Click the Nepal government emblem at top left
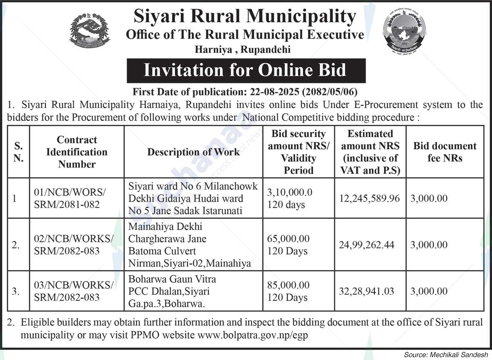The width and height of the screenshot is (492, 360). coord(90,30)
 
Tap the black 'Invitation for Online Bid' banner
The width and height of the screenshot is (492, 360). coord(246,70)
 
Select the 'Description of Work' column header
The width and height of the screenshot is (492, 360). coord(193,152)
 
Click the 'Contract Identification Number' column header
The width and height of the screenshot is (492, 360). coord(77,152)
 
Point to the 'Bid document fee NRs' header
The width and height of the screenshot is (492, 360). coord(445,152)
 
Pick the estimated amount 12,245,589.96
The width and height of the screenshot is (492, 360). coord(370,198)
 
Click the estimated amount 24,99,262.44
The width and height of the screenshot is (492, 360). coord(367,245)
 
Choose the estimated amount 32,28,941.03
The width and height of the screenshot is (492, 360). coord(367,291)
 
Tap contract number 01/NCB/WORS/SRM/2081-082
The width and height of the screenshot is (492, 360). coord(70,198)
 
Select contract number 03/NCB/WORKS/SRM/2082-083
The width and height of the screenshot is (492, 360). coord(73,291)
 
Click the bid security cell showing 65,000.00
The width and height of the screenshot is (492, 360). coord(288,239)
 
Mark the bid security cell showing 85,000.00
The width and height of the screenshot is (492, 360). coord(288,285)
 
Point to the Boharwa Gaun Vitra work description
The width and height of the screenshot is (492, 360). coord(172,291)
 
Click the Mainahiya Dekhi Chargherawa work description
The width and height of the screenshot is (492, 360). coord(190,245)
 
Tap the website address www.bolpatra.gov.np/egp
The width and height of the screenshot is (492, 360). coord(253,335)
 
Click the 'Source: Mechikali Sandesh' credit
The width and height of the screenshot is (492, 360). coord(446,355)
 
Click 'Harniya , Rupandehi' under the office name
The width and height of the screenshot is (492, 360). coord(243,50)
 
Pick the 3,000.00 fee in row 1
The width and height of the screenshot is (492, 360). coord(429,198)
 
